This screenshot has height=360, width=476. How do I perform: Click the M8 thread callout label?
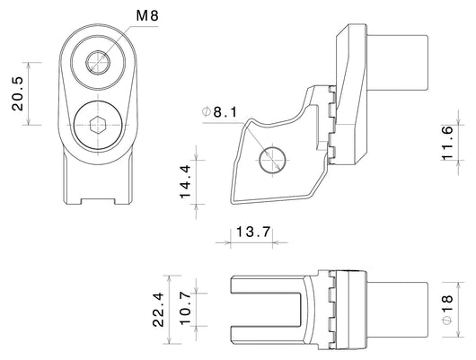[x=147, y=15]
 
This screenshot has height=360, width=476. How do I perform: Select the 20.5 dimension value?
[x=18, y=93]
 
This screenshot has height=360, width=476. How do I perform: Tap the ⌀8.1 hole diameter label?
[x=220, y=112]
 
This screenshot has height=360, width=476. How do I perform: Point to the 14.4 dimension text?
[x=185, y=181]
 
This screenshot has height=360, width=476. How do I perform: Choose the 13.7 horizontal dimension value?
[x=253, y=233]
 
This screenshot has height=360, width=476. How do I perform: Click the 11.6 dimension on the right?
[x=447, y=143]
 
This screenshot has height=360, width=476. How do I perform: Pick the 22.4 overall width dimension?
[x=158, y=310]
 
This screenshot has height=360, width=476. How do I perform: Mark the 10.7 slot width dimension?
[x=185, y=309]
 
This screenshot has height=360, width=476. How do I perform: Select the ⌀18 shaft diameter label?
[x=447, y=310]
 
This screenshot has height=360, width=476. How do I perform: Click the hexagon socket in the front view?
[x=98, y=125]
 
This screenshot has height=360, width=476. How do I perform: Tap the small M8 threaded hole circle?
[x=98, y=62]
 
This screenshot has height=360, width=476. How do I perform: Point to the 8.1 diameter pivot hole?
[x=273, y=160]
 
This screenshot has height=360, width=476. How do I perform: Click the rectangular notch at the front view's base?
[x=98, y=201]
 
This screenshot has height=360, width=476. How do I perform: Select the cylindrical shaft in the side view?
[x=398, y=63]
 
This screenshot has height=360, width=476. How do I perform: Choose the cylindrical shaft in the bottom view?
[x=398, y=310]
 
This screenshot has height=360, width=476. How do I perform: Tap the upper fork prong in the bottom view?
[x=267, y=285]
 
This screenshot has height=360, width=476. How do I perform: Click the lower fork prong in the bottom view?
[x=267, y=335]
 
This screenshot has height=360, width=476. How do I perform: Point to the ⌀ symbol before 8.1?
[x=207, y=112]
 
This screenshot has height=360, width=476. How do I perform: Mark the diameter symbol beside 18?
[x=447, y=320]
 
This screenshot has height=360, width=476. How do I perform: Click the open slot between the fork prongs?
[x=266, y=310]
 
